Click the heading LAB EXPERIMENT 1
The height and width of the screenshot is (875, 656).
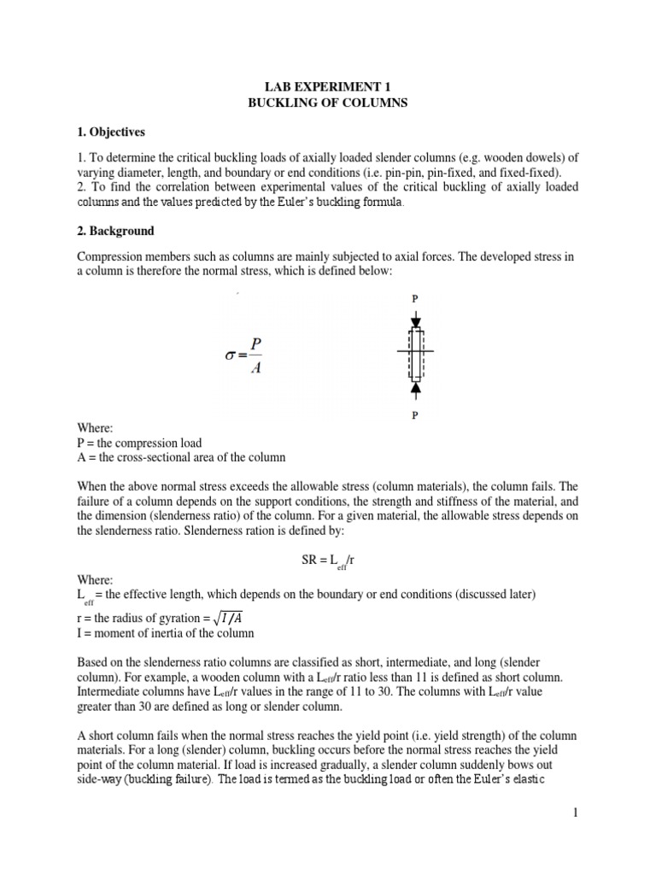327,86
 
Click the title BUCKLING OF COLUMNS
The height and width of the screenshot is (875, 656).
327,103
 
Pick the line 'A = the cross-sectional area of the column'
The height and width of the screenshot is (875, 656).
181,457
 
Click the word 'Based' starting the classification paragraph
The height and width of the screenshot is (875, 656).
92,663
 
